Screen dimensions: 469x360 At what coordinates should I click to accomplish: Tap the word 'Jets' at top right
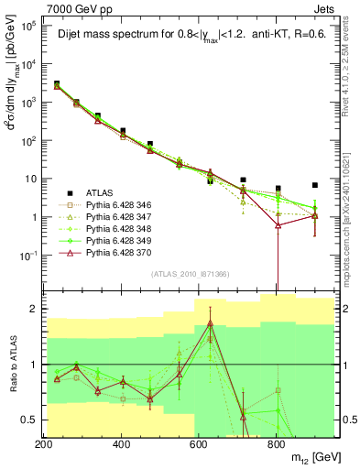(x=324, y=8)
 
